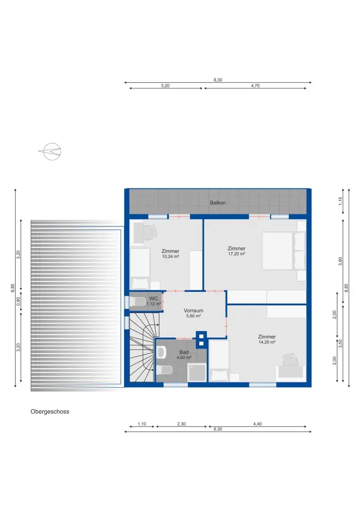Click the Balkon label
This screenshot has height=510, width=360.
click(x=218, y=203)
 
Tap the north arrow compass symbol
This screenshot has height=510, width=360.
click(x=51, y=151)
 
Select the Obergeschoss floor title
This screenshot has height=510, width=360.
click(x=50, y=411)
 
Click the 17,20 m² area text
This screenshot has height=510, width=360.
click(x=236, y=254)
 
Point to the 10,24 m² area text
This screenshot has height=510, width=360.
click(x=170, y=256)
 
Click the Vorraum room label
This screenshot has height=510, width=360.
click(x=193, y=311)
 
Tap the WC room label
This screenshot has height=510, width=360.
click(x=153, y=298)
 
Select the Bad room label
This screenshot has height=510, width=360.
click(x=184, y=352)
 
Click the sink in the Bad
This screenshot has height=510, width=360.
click(x=162, y=352)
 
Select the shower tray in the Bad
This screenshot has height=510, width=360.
click(x=197, y=372)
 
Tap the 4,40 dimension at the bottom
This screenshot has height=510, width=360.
click(x=257, y=424)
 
